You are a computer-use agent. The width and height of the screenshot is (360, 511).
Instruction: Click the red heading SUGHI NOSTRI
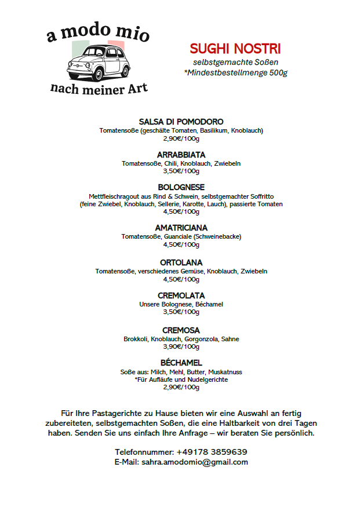point(235,49)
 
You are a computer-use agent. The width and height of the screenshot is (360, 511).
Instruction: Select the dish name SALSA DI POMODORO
point(181,122)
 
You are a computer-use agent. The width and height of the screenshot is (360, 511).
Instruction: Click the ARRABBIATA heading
point(181,155)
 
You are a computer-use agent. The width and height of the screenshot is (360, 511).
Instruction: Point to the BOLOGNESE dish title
point(181,187)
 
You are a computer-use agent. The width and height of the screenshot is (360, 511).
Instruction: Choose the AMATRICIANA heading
point(181,228)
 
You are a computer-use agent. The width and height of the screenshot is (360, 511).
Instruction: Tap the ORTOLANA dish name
point(181,262)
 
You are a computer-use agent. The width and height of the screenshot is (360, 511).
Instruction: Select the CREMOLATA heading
point(181,295)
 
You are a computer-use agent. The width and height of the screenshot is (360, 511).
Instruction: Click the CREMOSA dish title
point(181,330)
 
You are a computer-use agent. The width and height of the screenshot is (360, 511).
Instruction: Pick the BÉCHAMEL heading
point(181,363)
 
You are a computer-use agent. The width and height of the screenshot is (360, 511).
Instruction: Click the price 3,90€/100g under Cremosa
point(181,346)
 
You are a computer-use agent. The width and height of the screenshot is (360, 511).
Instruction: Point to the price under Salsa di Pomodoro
point(181,138)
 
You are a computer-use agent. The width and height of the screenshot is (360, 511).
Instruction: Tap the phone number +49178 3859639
point(212,452)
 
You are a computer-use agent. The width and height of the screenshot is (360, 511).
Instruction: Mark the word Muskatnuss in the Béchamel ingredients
point(228,371)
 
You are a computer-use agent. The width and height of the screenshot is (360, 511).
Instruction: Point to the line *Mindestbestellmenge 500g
point(235,72)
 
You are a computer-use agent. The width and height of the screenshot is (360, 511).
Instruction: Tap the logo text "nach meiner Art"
point(99,88)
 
